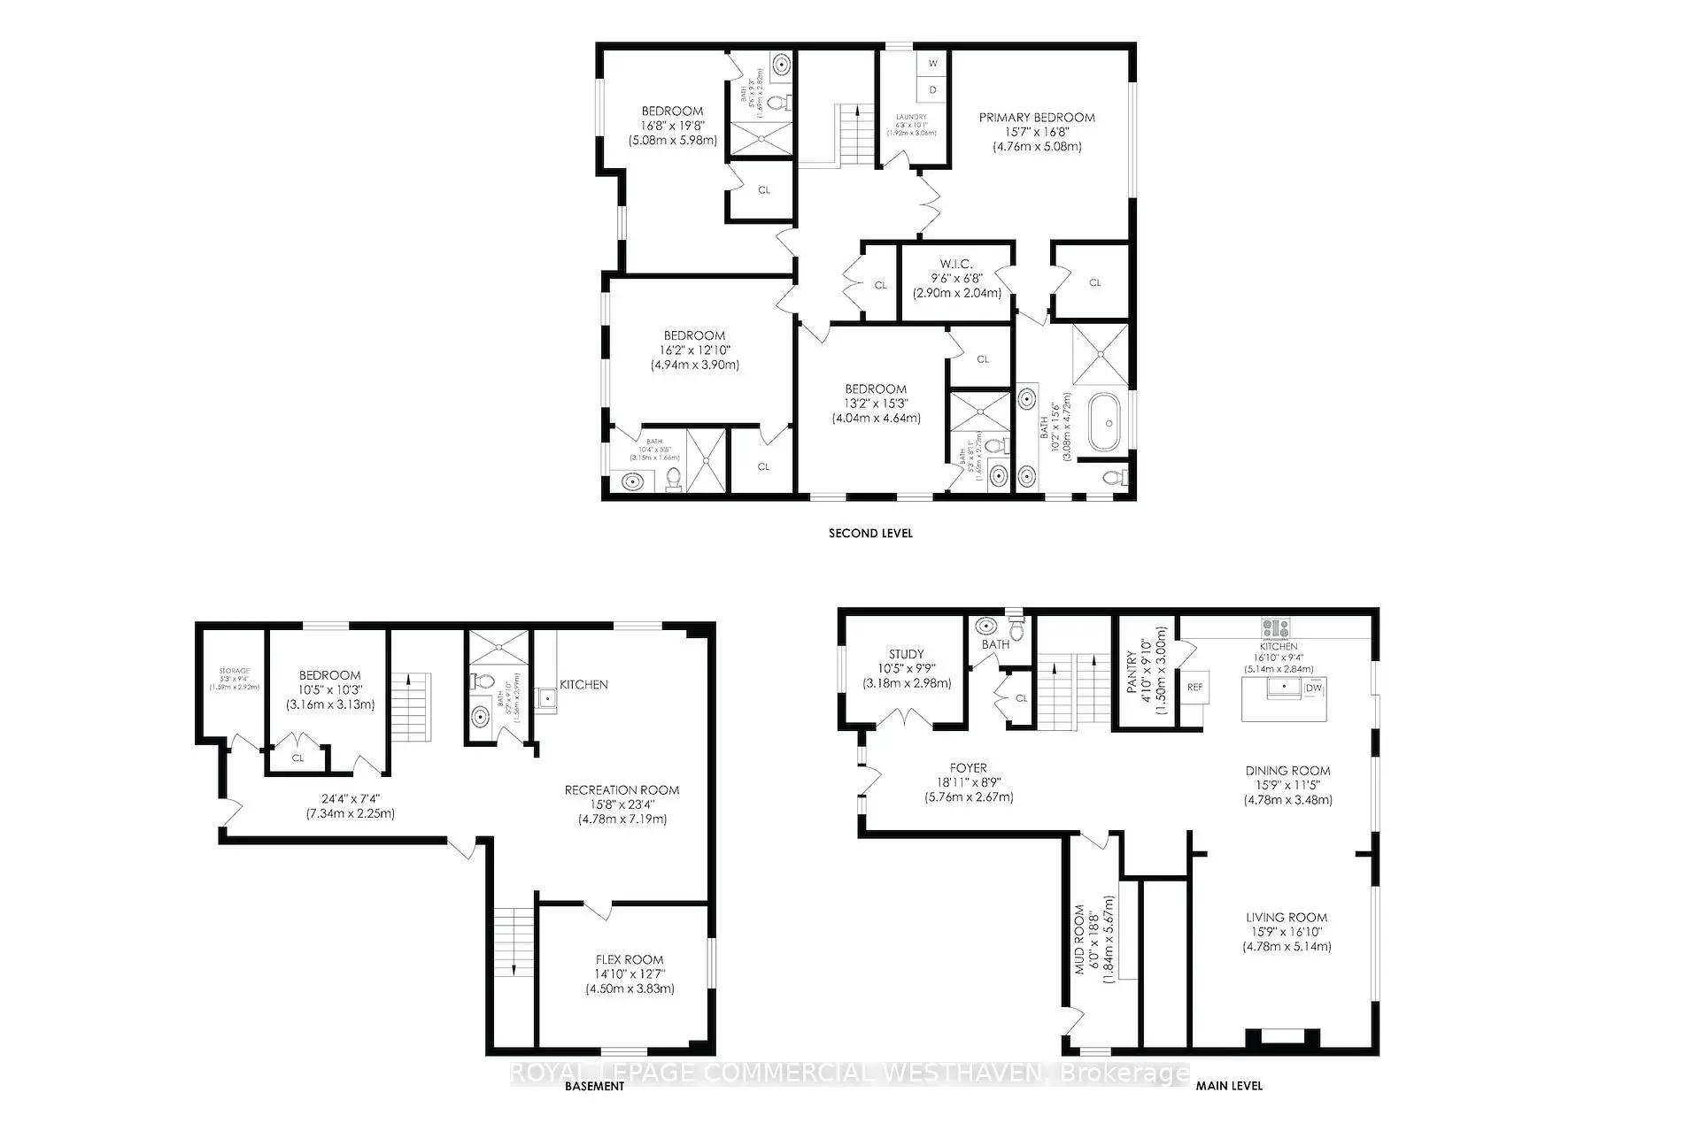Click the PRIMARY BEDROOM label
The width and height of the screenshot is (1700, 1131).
point(1036,117)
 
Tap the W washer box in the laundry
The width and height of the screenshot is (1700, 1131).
point(933,65)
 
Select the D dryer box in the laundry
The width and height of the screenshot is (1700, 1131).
point(933,89)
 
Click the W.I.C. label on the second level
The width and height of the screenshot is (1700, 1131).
point(956,264)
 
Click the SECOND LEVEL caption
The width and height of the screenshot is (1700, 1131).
point(870,533)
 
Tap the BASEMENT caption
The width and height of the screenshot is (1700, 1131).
point(594,1086)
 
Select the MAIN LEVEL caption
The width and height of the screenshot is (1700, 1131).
point(1229,1085)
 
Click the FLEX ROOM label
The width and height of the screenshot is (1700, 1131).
point(629,959)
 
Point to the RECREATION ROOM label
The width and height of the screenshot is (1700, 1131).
point(622,789)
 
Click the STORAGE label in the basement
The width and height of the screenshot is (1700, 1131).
point(235,672)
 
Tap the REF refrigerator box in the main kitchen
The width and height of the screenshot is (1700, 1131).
point(1194,687)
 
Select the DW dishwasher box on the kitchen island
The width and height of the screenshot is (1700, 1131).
point(1313,688)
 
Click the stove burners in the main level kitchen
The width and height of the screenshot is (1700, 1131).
point(1276,628)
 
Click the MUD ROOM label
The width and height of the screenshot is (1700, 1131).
point(1079,939)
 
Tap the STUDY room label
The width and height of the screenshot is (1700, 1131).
point(907,654)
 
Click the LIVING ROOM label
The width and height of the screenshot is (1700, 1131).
point(1286,918)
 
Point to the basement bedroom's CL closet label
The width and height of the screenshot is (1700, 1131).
point(297,758)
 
